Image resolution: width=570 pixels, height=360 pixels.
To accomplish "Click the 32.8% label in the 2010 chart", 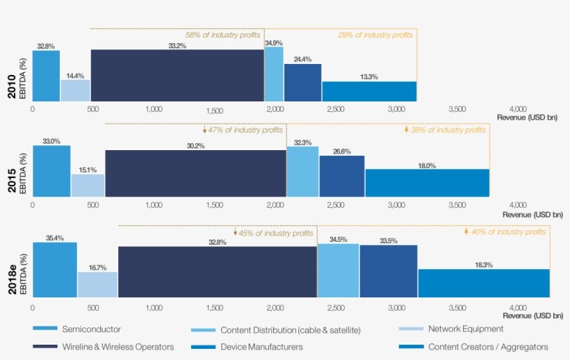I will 46,46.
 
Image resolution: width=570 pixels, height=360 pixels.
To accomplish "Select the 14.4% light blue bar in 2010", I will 75,91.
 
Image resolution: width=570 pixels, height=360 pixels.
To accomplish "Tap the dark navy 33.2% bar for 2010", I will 177,76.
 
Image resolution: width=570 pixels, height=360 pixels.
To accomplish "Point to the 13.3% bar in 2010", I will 369,92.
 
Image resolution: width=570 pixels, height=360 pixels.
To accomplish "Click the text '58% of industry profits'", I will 222,35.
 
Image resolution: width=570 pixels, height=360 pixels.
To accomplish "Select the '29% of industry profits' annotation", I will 375,35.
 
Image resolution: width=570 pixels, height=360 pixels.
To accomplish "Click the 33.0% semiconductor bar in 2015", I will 51,171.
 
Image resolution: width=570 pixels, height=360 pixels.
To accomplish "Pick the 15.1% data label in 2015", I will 88,169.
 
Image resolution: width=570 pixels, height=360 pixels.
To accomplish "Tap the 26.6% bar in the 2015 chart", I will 342,177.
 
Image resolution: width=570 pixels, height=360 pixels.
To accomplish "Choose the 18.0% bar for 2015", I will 427,183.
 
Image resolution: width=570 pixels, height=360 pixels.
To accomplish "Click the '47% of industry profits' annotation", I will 243,130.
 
